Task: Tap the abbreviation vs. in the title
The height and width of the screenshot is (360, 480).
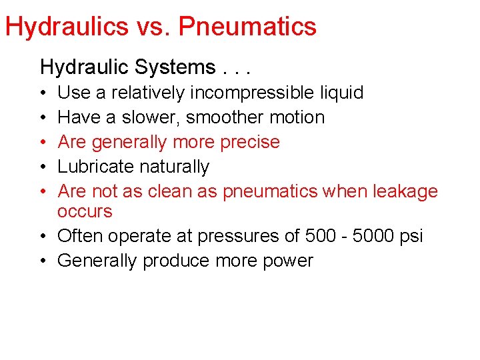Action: pos(151,27)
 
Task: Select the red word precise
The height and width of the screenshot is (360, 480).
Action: pos(249,142)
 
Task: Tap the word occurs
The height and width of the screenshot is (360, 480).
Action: pos(85,211)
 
